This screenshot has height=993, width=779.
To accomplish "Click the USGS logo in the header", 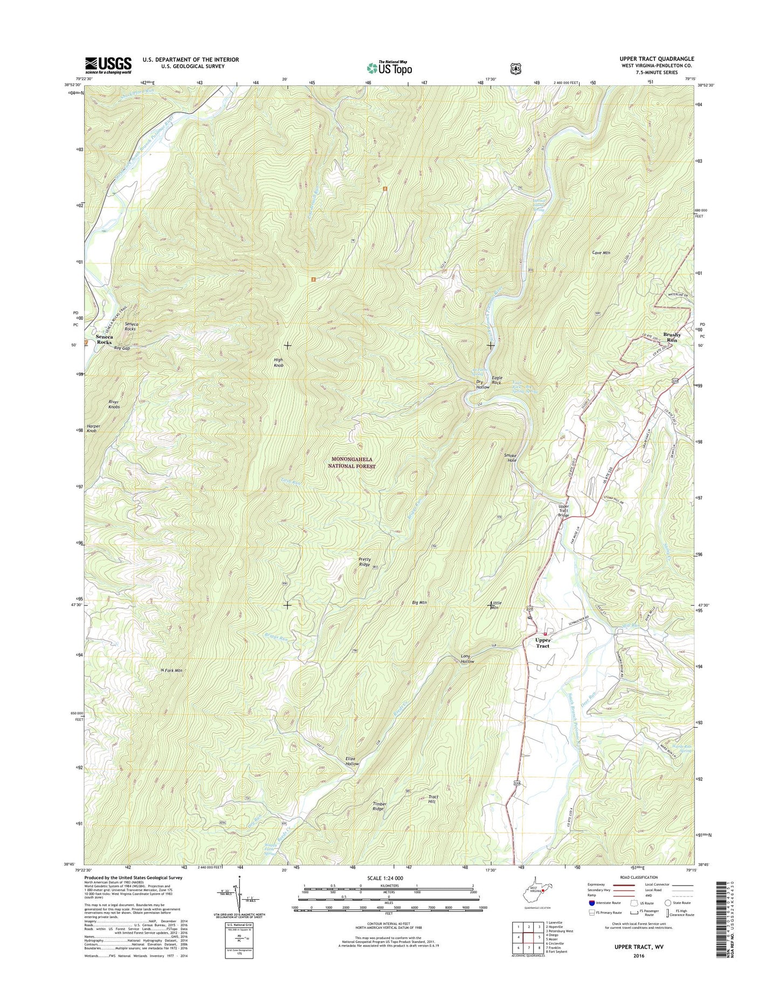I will (x=108, y=65).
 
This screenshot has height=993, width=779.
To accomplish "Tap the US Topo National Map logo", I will (x=389, y=67).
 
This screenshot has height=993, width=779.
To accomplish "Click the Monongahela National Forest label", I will (x=353, y=463).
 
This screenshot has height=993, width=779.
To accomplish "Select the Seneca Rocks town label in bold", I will (x=104, y=339).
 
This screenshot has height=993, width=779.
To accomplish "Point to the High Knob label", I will (x=278, y=362).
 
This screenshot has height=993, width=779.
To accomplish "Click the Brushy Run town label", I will (x=672, y=337).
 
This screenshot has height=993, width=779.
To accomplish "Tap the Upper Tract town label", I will (x=542, y=643).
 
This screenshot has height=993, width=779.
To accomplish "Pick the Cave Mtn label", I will (x=601, y=252).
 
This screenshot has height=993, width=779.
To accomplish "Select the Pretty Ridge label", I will (x=364, y=562).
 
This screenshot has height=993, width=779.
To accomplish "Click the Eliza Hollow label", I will (x=352, y=761).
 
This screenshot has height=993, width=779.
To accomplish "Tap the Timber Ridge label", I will (x=378, y=806).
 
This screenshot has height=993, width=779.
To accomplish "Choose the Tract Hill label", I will (x=433, y=799).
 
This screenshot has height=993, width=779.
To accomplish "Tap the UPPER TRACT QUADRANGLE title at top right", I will (x=657, y=59).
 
